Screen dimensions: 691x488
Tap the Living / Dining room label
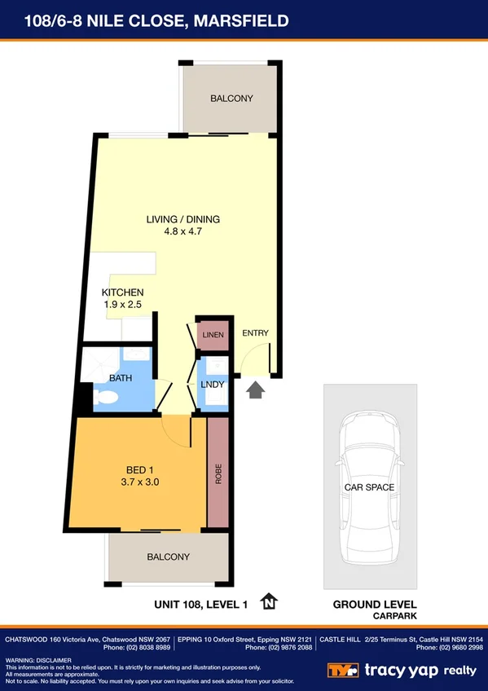183,219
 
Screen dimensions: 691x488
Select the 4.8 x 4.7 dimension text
183,231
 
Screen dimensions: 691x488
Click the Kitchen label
123,293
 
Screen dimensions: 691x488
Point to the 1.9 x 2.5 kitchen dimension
123,304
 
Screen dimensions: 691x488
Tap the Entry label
255,333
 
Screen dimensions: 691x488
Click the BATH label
121,378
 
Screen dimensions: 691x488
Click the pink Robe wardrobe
218,473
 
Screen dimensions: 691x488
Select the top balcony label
231,99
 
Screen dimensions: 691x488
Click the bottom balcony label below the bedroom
169,557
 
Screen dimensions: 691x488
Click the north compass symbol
269,603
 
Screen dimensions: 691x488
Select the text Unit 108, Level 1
200,604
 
